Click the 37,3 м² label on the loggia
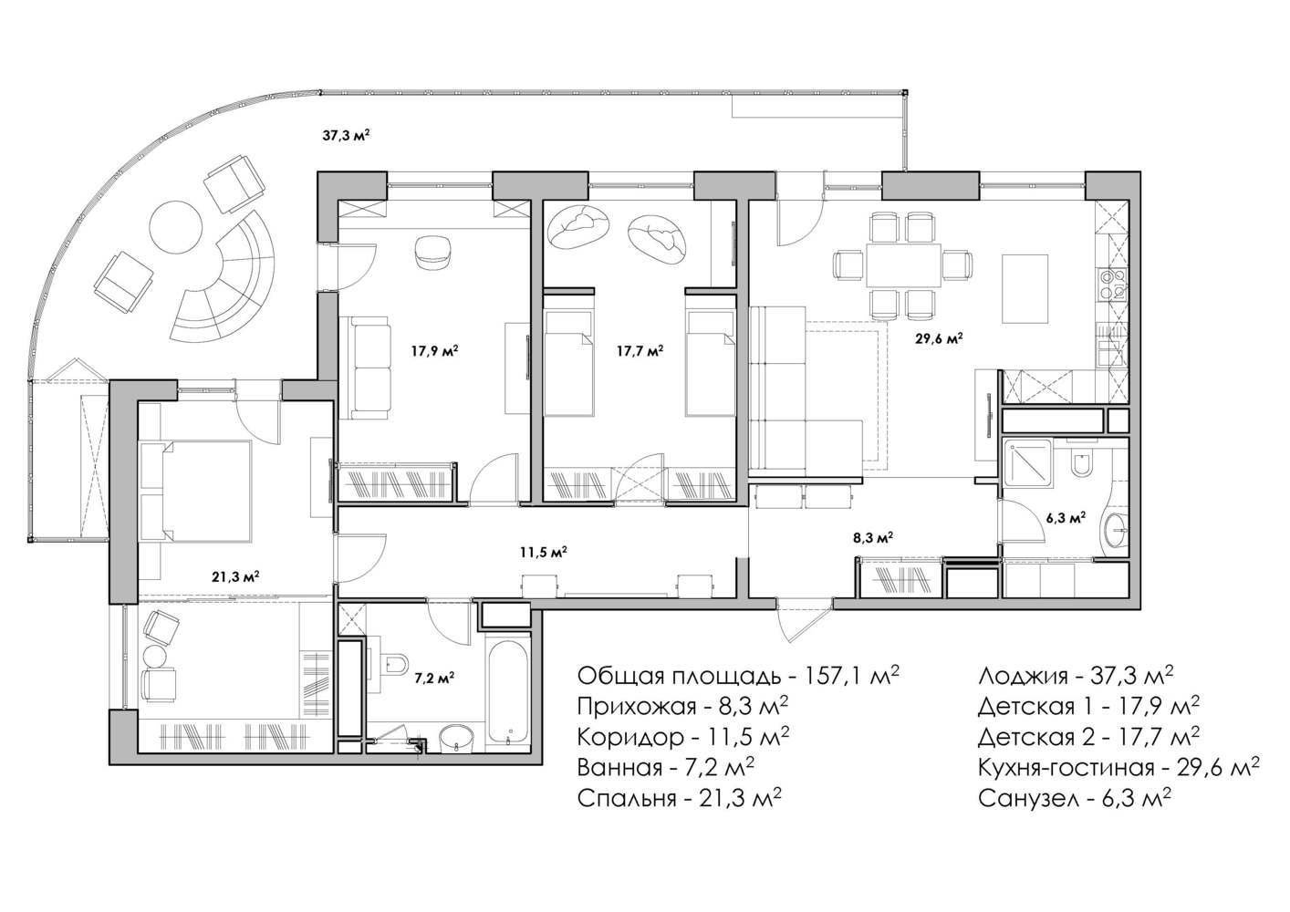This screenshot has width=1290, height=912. [346, 137]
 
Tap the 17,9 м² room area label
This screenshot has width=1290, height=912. [435, 350]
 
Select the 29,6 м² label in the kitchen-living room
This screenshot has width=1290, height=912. [940, 338]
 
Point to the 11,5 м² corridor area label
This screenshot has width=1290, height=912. [544, 552]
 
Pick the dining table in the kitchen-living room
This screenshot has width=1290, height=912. [903, 264]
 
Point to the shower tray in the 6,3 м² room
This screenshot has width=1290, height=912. [1028, 463]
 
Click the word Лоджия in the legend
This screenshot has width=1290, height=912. [1021, 677]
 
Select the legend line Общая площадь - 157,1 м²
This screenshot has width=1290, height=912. [738, 676]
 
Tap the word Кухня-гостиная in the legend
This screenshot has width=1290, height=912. [1066, 768]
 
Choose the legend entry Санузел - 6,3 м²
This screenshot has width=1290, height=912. [1075, 799]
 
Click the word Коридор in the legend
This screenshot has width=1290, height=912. [631, 738]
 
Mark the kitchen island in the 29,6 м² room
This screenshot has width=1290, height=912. [1025, 289]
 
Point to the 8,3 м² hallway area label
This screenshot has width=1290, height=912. [873, 538]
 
